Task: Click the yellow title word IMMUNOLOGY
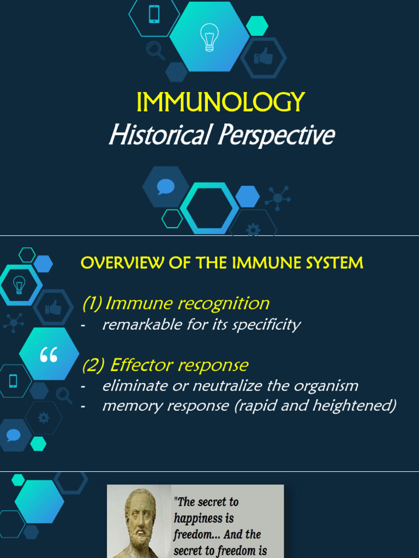click(x=220, y=102)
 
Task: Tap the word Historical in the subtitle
click(x=159, y=135)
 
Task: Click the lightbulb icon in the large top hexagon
click(x=209, y=37)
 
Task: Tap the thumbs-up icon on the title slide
click(x=265, y=57)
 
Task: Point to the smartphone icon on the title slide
click(x=154, y=14)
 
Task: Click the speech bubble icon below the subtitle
click(x=165, y=187)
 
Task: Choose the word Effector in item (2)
click(x=141, y=365)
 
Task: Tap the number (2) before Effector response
click(x=93, y=365)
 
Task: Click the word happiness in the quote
click(x=203, y=518)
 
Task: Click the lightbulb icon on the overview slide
click(x=19, y=284)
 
